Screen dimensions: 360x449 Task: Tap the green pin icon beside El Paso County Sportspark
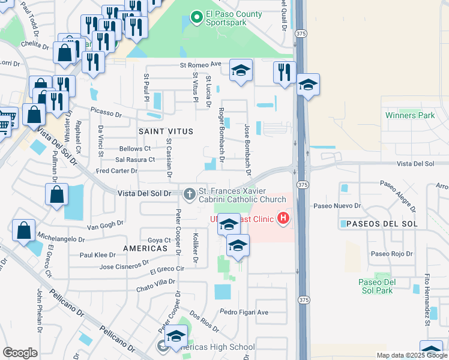(x=196, y=18)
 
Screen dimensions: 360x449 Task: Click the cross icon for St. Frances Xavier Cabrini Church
(x=190, y=193)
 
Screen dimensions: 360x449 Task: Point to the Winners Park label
(x=410, y=115)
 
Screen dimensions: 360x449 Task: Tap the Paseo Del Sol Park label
(x=393, y=286)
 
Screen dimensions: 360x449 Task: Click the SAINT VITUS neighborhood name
(x=166, y=131)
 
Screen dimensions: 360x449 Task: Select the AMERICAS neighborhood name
(x=145, y=248)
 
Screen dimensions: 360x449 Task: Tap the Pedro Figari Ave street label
(x=244, y=312)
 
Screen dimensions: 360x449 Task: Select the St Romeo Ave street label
(x=201, y=64)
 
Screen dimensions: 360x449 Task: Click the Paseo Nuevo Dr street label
(x=338, y=205)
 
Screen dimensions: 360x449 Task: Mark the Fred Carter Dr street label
(x=116, y=171)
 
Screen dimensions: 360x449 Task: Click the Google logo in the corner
(x=20, y=353)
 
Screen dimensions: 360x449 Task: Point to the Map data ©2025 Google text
(x=412, y=355)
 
